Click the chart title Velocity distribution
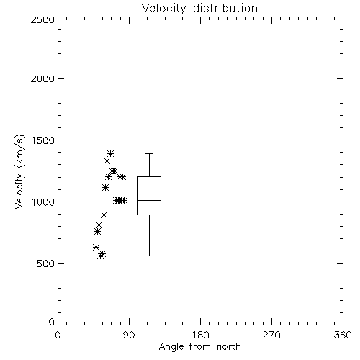[x=199, y=9]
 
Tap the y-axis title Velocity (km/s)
[x=19, y=171]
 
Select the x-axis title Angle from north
[x=199, y=347]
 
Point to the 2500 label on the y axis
[x=42, y=19]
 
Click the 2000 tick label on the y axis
[x=42, y=79]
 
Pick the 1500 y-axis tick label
[x=43, y=140]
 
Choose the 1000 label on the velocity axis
[x=43, y=202]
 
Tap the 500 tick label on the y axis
[x=46, y=264]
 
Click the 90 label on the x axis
[x=129, y=335]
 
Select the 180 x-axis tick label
[x=200, y=335]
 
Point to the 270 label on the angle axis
[x=271, y=335]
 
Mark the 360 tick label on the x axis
[x=343, y=335]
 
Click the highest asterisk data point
[x=110, y=153]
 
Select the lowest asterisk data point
[x=101, y=256]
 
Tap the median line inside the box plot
[x=149, y=200]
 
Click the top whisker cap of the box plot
[x=149, y=153]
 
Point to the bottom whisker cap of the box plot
[x=149, y=256]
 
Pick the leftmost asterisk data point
[x=96, y=247]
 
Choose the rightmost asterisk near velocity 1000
[x=124, y=200]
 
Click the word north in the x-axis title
[x=229, y=347]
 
